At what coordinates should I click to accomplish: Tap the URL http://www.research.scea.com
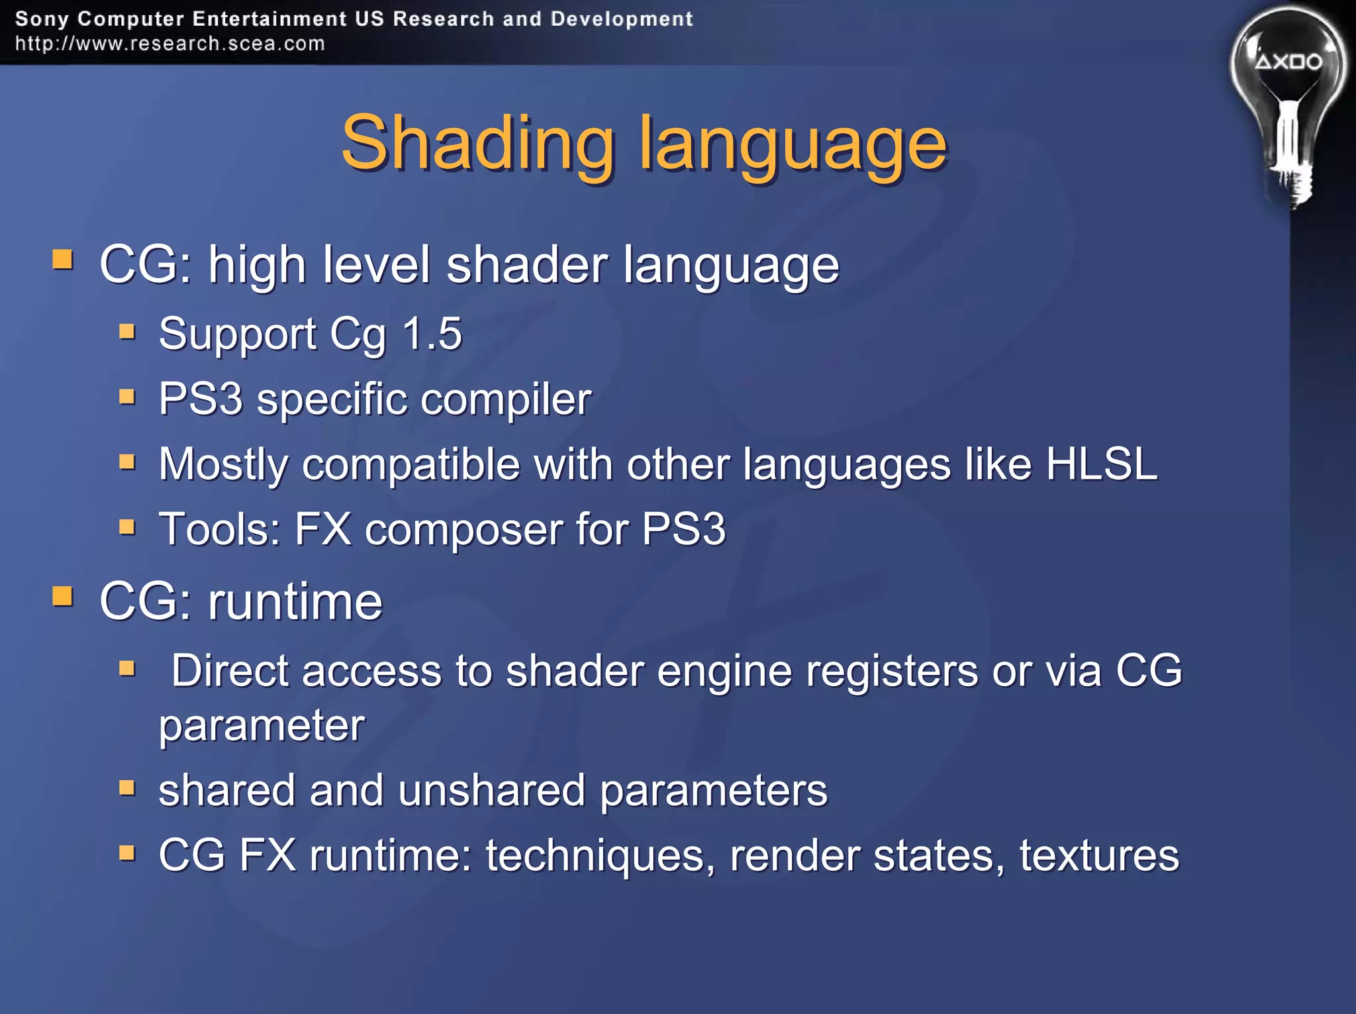170,44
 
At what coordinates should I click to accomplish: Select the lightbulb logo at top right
1287,86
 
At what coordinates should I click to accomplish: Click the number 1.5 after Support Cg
432,333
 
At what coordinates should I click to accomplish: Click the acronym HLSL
1101,464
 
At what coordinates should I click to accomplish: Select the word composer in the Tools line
463,529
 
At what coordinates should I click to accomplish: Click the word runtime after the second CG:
295,601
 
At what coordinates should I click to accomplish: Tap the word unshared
492,790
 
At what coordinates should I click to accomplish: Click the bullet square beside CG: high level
63,260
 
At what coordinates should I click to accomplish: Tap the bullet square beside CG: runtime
63,596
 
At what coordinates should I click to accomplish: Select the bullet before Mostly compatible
127,461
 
